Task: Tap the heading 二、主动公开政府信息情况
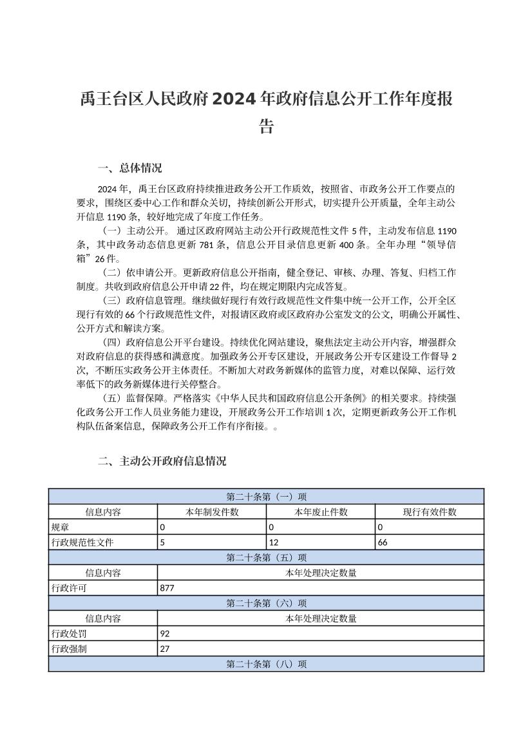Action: (x=162, y=461)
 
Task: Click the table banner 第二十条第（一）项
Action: (x=266, y=497)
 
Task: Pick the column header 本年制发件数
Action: (x=212, y=512)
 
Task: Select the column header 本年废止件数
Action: (x=321, y=512)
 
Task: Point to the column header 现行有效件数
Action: (x=430, y=512)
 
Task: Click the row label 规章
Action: (x=60, y=528)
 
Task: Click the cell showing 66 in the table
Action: (x=383, y=542)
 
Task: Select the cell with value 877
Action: (x=167, y=588)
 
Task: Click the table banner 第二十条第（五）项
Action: (x=266, y=558)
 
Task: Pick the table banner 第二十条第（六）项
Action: (x=266, y=604)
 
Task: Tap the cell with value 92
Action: (x=165, y=634)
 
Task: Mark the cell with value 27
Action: (x=165, y=649)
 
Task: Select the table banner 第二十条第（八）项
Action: (x=266, y=664)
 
